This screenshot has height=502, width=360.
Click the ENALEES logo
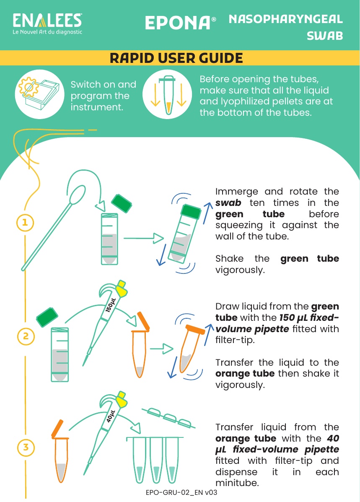47,23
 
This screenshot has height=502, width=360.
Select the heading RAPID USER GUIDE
176,58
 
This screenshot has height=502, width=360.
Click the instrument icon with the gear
39,94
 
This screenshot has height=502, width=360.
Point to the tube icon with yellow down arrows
167,95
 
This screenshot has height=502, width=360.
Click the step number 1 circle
25,223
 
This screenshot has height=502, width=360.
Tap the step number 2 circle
26,336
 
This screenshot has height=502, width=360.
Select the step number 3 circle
26,447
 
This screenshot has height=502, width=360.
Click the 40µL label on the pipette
111,416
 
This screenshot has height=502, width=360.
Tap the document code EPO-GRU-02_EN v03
181,492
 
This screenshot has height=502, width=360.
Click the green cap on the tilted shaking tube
191,212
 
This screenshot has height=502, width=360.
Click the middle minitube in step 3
156,460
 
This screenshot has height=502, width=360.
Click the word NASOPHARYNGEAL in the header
286,19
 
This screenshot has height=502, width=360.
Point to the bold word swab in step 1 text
228,203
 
